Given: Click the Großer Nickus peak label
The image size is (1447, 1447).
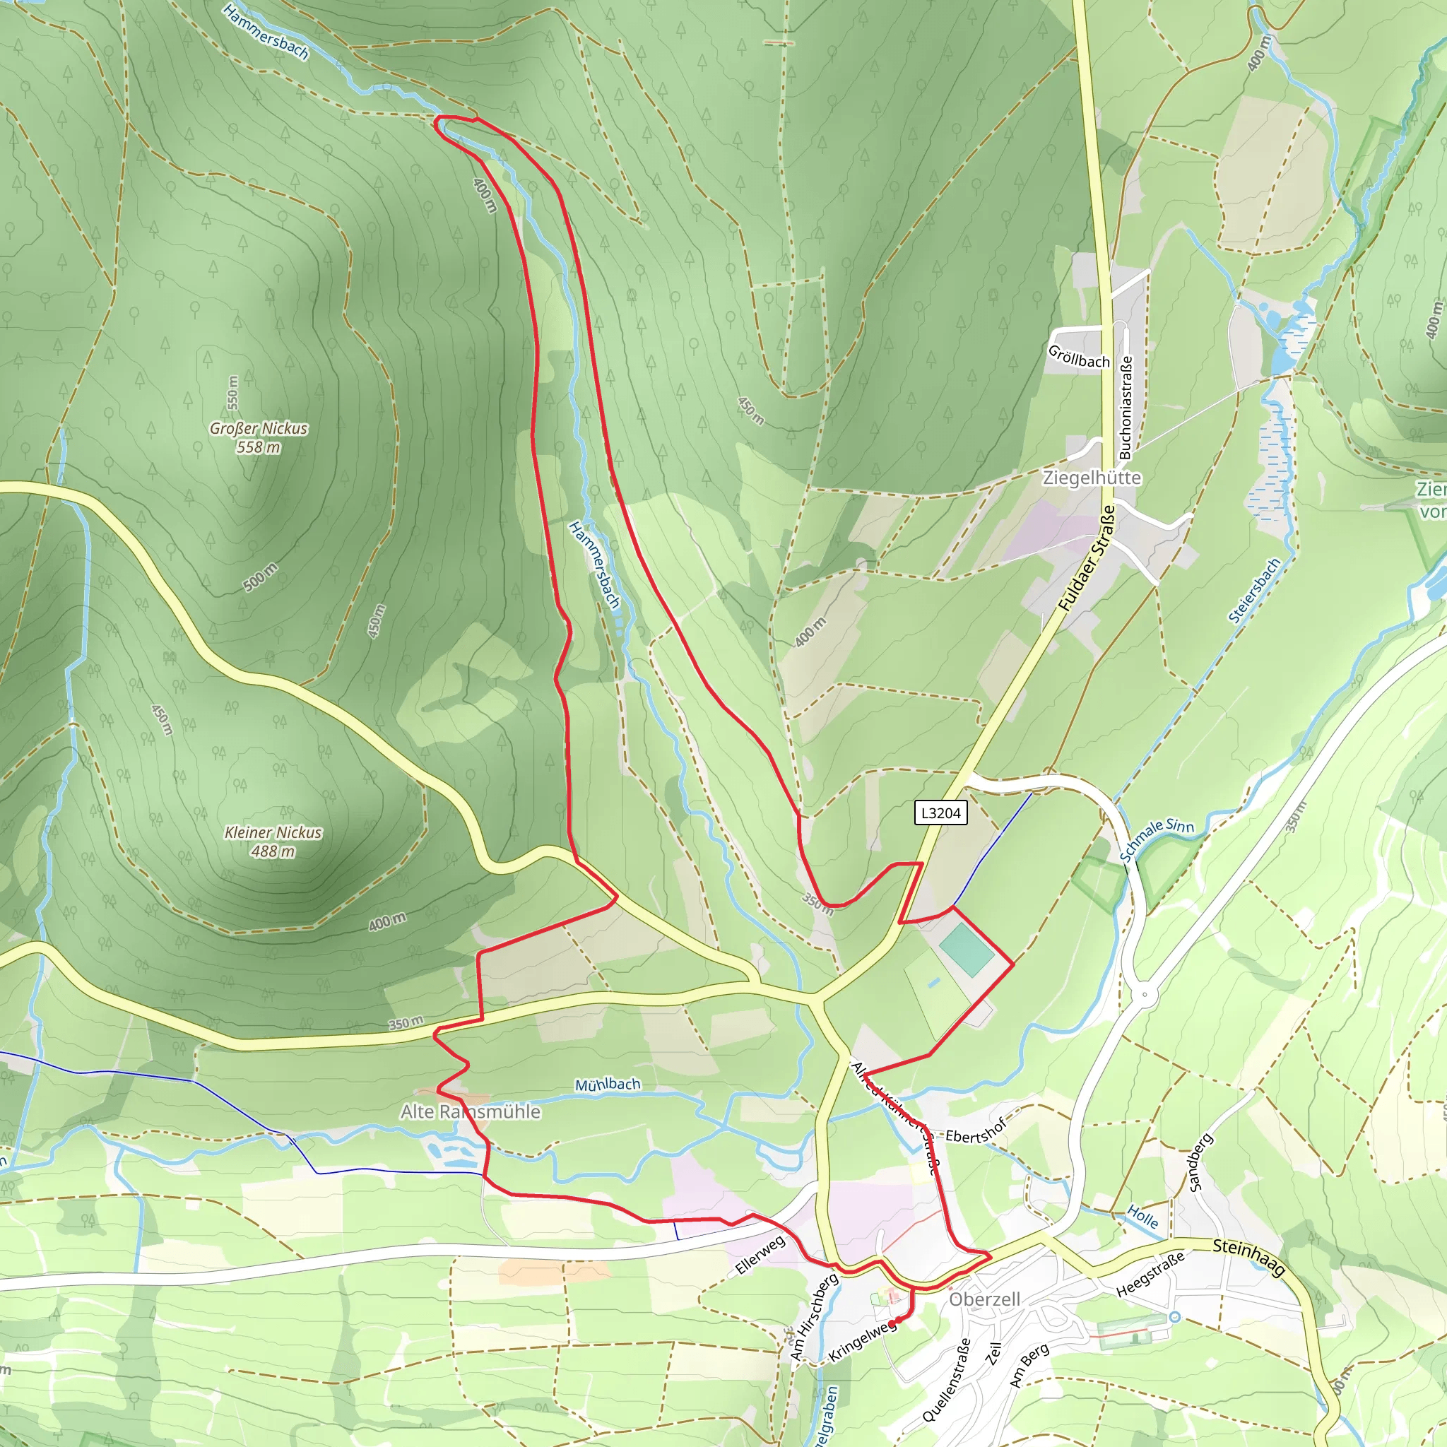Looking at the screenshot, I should click(x=259, y=437).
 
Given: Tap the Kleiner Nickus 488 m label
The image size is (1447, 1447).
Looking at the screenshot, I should click(x=273, y=841).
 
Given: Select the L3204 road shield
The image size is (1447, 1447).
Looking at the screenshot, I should click(x=940, y=813).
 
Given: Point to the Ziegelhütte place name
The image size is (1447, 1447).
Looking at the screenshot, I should click(x=1092, y=478).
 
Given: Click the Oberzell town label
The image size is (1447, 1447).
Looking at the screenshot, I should click(x=984, y=1299).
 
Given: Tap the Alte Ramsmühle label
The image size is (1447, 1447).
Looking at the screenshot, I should click(x=471, y=1111).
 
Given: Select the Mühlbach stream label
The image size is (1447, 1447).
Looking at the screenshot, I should click(x=608, y=1085).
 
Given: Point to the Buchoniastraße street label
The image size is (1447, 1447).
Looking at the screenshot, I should click(x=1125, y=408).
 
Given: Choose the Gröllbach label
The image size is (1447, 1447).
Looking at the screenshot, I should click(x=1078, y=357).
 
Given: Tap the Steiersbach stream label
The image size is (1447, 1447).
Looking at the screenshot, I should click(x=1255, y=591).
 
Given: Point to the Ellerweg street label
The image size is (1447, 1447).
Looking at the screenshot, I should click(x=761, y=1256).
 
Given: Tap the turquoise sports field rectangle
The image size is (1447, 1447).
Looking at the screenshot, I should click(x=967, y=950).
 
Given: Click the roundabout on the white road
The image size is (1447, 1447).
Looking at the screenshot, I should click(x=1145, y=996).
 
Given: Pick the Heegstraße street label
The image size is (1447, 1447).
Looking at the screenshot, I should click(x=1150, y=1274).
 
